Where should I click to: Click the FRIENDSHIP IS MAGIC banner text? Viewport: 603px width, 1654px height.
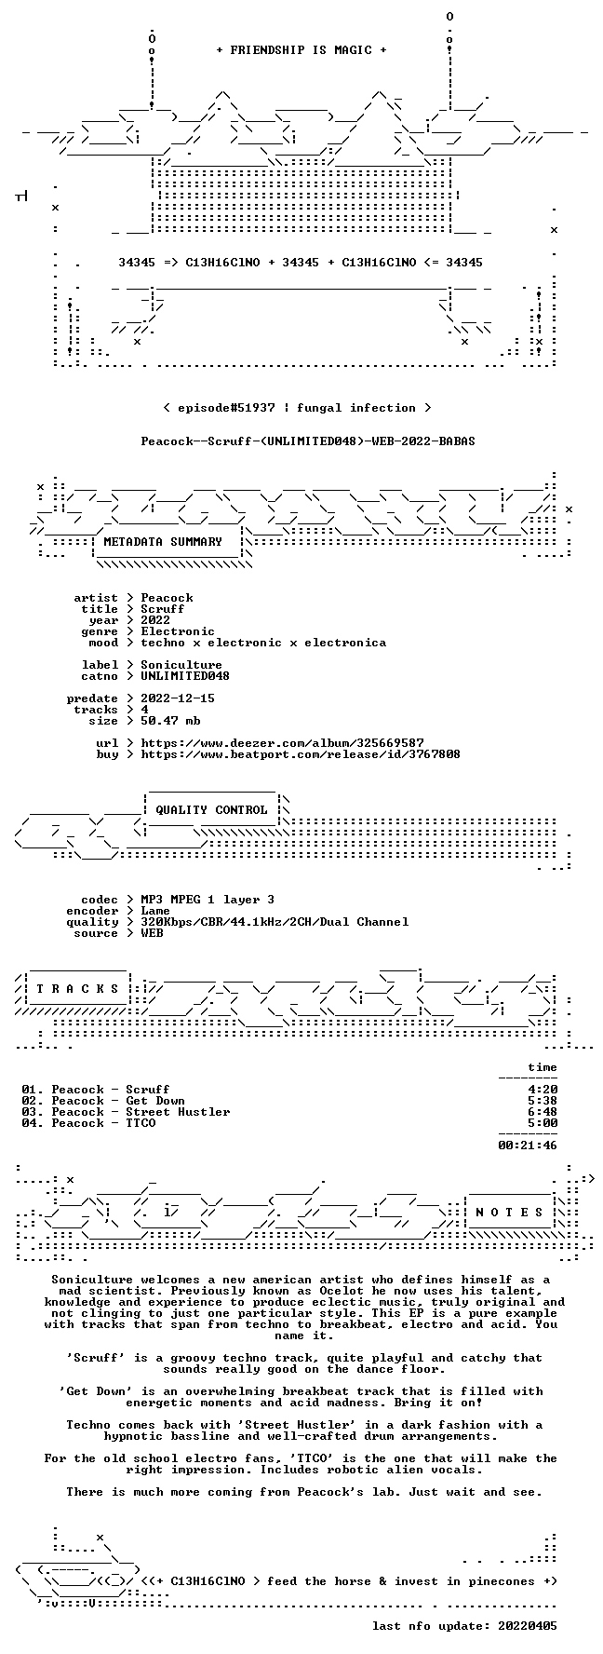click(x=301, y=50)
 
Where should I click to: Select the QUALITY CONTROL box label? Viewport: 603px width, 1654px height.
click(x=211, y=810)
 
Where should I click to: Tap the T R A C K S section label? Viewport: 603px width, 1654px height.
click(x=77, y=989)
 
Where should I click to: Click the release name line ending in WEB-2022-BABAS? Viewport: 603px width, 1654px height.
click(x=308, y=441)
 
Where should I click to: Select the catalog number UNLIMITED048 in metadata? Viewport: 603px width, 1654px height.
click(x=185, y=676)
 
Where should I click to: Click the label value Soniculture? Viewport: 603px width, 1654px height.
click(x=181, y=665)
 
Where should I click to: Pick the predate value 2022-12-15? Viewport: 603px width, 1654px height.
click(x=178, y=698)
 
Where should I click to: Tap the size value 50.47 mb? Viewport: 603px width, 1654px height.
click(x=170, y=721)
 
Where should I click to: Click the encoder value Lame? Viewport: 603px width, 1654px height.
click(x=155, y=911)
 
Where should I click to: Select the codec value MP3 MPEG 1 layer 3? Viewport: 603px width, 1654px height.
click(x=208, y=900)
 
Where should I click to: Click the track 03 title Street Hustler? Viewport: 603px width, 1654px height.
click(x=178, y=1112)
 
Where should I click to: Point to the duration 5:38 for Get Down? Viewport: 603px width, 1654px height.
click(x=543, y=1101)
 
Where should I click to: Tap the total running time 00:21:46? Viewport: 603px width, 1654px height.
click(x=528, y=1146)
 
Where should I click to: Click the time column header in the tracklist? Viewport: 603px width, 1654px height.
click(x=543, y=1067)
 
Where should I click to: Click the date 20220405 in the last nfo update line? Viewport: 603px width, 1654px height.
click(x=528, y=1626)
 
